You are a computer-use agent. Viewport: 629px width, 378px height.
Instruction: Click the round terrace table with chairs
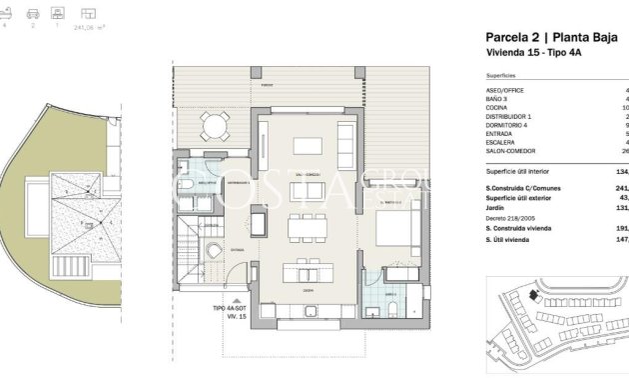pyautogui.click(x=213, y=127)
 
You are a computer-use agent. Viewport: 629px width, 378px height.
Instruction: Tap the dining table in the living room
pyautogui.click(x=307, y=228)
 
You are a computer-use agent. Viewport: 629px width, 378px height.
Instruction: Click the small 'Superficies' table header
pyautogui.click(x=501, y=75)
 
